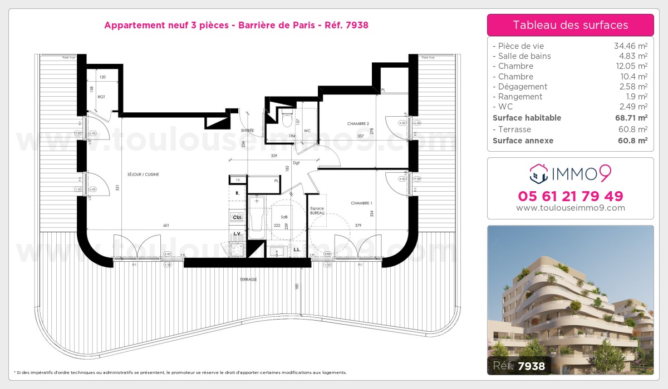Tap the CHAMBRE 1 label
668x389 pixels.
click(x=361, y=203)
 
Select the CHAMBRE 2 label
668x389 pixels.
click(x=358, y=124)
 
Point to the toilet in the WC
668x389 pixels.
click(x=287, y=118)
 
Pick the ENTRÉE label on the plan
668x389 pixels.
click(x=248, y=131)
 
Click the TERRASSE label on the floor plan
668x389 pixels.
click(x=248, y=280)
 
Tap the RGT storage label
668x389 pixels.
click(x=101, y=97)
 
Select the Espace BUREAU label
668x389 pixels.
click(x=317, y=211)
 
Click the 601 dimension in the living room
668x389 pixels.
click(x=166, y=226)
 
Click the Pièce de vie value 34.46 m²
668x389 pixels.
click(x=630, y=46)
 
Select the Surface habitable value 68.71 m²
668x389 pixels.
click(x=630, y=118)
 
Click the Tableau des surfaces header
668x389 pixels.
click(x=570, y=25)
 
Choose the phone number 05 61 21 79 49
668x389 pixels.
click(x=570, y=196)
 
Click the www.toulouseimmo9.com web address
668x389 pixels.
click(x=570, y=208)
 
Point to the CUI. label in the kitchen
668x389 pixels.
click(x=237, y=217)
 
